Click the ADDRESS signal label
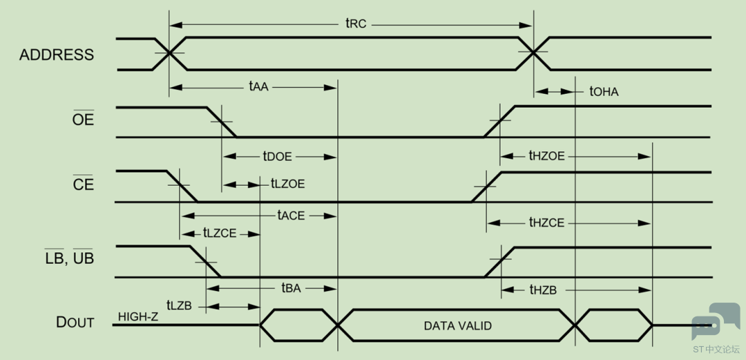(x=57, y=55)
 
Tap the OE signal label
(x=84, y=120)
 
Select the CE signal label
(x=84, y=184)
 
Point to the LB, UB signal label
(x=70, y=258)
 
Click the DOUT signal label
(x=75, y=323)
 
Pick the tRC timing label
(x=356, y=23)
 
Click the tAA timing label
(x=259, y=87)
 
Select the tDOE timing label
(x=277, y=155)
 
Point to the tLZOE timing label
(x=287, y=183)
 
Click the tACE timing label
(x=291, y=215)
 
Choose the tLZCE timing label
(x=220, y=234)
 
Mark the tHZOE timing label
(x=546, y=155)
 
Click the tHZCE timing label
(x=546, y=222)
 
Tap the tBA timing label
(x=291, y=288)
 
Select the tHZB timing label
(x=543, y=290)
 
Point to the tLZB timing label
(x=179, y=305)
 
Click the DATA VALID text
(x=458, y=326)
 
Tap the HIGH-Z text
(x=138, y=316)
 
